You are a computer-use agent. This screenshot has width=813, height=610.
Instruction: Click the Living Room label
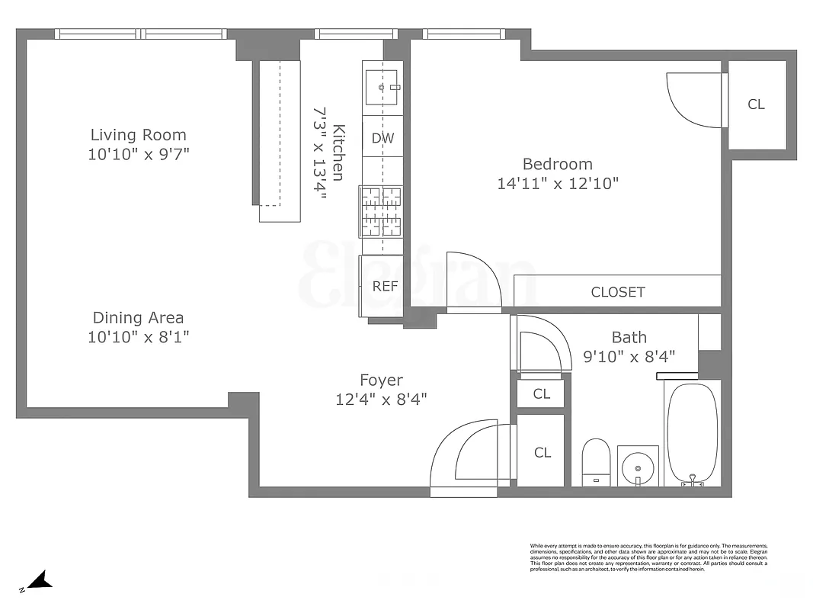pos(138,135)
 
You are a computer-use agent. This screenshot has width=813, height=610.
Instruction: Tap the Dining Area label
pos(138,318)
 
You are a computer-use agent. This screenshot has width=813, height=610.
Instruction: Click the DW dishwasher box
pos(382,138)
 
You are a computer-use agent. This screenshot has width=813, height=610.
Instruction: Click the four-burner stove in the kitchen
pos(381,211)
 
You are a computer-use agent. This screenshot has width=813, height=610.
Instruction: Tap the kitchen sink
pos(382,87)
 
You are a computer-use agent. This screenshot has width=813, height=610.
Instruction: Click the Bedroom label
pos(557,164)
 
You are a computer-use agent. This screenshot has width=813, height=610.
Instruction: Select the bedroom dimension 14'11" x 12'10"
pos(557,184)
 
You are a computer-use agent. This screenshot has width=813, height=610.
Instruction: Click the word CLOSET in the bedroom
pos(618,292)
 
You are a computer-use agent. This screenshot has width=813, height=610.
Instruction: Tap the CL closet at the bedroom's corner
pos(756,105)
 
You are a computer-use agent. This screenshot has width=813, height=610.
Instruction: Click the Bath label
pos(629,337)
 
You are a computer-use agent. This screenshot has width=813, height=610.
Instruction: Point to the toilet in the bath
pos(595,461)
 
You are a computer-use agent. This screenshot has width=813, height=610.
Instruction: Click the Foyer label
pos(381,380)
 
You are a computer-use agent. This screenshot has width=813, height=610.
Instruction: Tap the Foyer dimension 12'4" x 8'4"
pos(381,399)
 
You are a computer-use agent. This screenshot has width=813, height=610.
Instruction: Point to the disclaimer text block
pos(648,557)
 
